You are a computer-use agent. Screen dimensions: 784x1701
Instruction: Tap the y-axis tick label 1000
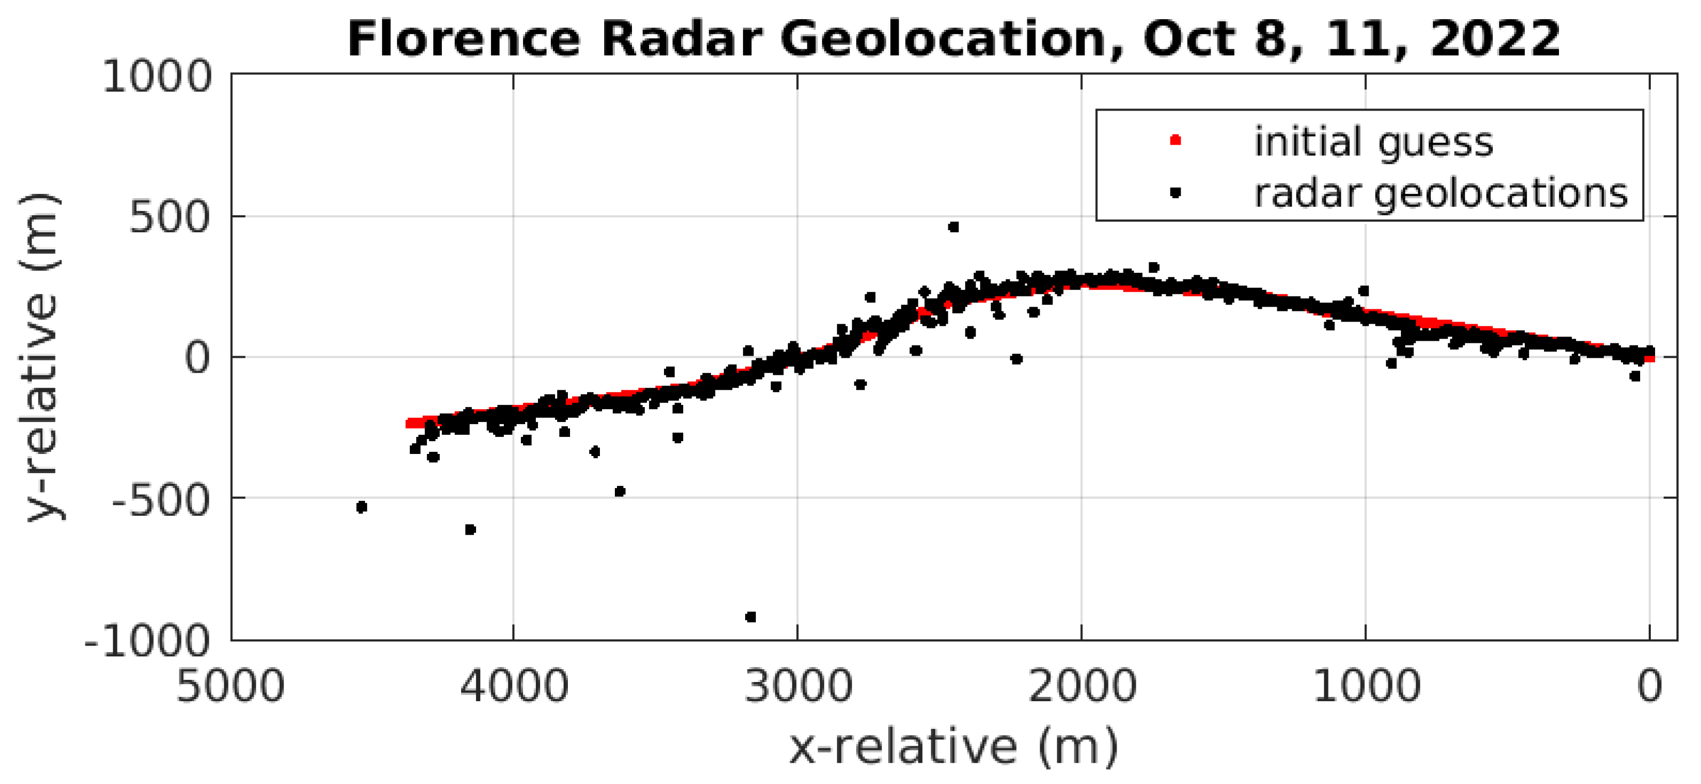pyautogui.click(x=157, y=77)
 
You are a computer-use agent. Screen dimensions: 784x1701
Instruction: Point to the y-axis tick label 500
pyautogui.click(x=170, y=217)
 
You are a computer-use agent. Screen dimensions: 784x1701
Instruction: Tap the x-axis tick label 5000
pyautogui.click(x=230, y=686)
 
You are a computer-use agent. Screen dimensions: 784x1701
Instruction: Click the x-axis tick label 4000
pyautogui.click(x=514, y=686)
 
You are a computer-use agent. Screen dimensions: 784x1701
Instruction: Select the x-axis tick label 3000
pyautogui.click(x=798, y=686)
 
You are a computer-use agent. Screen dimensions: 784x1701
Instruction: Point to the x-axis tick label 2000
pyautogui.click(x=1082, y=686)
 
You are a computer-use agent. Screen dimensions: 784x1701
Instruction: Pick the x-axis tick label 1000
pyautogui.click(x=1366, y=686)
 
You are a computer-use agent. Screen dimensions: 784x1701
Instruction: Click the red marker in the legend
pyautogui.click(x=1175, y=140)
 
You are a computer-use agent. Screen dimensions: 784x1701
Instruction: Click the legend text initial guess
pyautogui.click(x=1373, y=142)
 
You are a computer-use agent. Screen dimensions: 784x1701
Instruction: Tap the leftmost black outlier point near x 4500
pyautogui.click(x=361, y=507)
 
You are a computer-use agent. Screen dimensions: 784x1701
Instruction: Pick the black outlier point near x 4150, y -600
pyautogui.click(x=470, y=530)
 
